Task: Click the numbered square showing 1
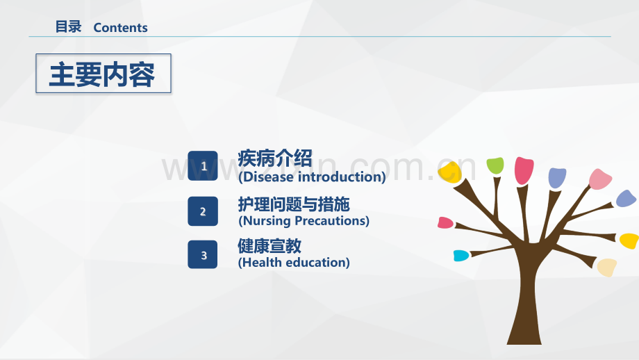click(203, 165)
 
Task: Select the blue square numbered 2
click(203, 211)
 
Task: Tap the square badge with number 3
click(203, 254)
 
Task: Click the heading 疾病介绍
click(275, 158)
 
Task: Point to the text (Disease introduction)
click(312, 177)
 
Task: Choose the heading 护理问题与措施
click(294, 204)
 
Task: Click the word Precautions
click(332, 220)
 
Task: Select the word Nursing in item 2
click(267, 221)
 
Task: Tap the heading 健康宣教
click(269, 246)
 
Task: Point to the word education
click(316, 262)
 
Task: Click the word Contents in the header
click(120, 28)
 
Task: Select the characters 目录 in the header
click(69, 27)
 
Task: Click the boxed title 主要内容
click(103, 74)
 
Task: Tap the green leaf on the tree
click(495, 165)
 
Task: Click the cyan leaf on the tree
click(461, 256)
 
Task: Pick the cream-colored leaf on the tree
click(607, 268)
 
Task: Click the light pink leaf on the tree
click(599, 179)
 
